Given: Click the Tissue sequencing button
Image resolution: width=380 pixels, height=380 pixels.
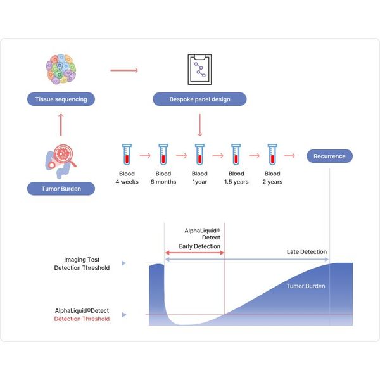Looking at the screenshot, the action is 61,99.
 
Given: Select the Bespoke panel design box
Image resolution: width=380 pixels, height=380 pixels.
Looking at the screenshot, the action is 199,99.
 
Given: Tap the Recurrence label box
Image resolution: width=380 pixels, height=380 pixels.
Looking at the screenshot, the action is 329,156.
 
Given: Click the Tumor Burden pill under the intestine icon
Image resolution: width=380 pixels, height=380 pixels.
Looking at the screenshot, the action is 61,189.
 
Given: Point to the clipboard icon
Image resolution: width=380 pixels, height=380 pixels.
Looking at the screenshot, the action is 199,70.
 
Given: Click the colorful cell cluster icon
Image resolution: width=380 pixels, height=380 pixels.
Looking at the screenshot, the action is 61,69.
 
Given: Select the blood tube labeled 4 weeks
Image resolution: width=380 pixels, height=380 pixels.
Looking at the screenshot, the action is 127,155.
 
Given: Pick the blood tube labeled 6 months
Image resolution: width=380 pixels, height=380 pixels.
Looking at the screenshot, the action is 163,155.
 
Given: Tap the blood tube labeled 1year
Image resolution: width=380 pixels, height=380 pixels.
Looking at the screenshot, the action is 199,155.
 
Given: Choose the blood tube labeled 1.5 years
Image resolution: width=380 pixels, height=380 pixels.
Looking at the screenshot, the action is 236,155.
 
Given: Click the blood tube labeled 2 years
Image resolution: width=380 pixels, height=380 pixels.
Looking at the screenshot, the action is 272,155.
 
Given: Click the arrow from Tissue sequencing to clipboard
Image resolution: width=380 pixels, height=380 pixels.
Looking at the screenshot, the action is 124,70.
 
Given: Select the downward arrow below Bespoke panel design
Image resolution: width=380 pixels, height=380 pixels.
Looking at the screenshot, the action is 199,125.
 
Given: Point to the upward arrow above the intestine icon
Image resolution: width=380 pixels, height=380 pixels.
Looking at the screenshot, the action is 61,125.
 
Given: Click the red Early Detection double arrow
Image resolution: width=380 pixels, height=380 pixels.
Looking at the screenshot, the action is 194,253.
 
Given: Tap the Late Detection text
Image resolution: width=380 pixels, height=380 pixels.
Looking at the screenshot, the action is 307,252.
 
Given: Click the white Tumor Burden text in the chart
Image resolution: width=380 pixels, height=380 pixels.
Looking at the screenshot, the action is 306,286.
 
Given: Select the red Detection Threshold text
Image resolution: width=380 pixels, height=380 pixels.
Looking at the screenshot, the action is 82,319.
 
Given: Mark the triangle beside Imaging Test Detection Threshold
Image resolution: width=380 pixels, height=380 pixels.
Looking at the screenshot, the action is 124,263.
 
